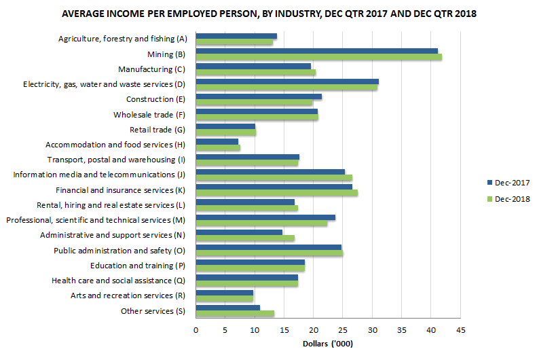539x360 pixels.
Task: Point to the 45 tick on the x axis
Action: pos(460,330)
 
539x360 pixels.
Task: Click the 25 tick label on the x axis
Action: pos(343,330)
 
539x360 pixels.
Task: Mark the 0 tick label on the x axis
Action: pos(196,330)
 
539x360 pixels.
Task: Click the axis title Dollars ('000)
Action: pos(327,344)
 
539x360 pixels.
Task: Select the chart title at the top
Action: pos(269,14)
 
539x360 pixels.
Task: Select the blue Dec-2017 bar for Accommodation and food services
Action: pos(217,141)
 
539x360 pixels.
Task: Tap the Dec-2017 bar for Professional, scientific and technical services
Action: pos(265,217)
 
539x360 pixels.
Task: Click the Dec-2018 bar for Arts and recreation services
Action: pos(224,299)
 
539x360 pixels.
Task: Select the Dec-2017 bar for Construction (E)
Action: pos(258,96)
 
